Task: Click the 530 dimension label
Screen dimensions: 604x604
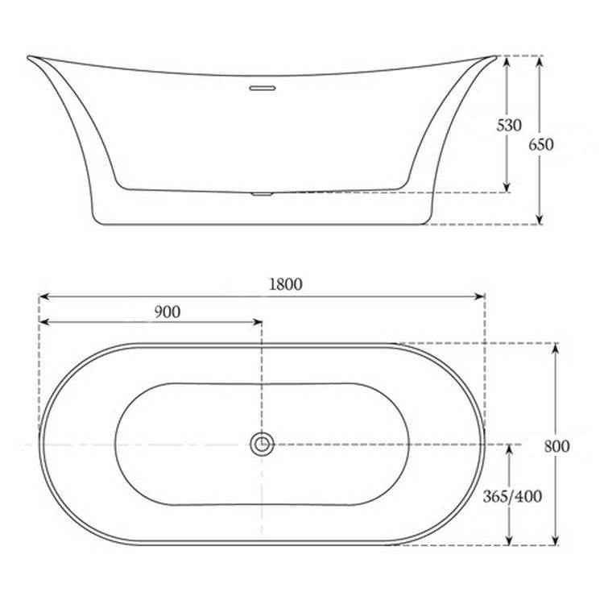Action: click(x=509, y=126)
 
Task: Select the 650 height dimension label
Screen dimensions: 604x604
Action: click(x=541, y=144)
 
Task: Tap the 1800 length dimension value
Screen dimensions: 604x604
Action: click(x=286, y=283)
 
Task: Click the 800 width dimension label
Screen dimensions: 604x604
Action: click(x=556, y=445)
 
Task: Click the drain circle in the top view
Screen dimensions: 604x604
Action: click(x=262, y=443)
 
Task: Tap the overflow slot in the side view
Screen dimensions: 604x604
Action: click(x=262, y=86)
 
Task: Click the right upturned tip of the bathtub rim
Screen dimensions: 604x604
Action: click(x=494, y=57)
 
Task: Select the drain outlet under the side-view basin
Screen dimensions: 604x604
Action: click(x=262, y=193)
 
